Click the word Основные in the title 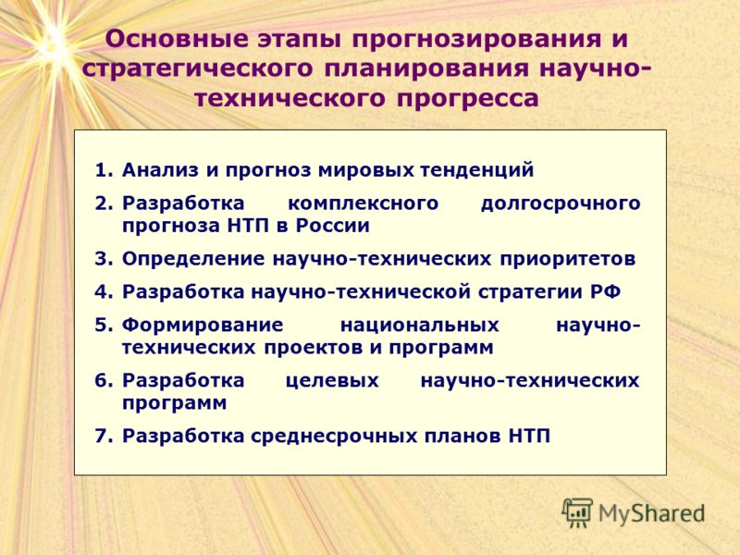tap(177, 39)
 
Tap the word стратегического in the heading tap(197, 69)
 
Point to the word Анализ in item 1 tap(160, 170)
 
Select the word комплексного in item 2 tap(363, 203)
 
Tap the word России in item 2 tap(332, 226)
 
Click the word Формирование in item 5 tap(203, 326)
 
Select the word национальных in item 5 tap(420, 326)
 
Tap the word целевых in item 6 tap(332, 381)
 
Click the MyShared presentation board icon tap(577, 513)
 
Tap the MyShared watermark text tap(651, 514)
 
